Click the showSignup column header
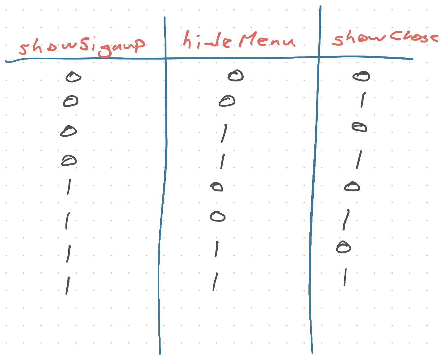(82, 46)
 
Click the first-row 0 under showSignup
(73, 77)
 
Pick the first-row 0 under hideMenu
(236, 76)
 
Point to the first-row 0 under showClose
(361, 76)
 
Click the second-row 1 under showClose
(363, 100)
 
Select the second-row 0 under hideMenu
(227, 101)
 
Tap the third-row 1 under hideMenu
(224, 133)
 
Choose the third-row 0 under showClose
(359, 127)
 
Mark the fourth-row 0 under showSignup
(69, 161)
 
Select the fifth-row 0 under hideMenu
(217, 187)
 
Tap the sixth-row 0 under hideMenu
(218, 216)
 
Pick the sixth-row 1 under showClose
(346, 220)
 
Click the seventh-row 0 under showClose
(344, 247)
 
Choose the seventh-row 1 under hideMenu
(216, 249)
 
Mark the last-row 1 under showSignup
(67, 285)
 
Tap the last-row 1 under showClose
(345, 277)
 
